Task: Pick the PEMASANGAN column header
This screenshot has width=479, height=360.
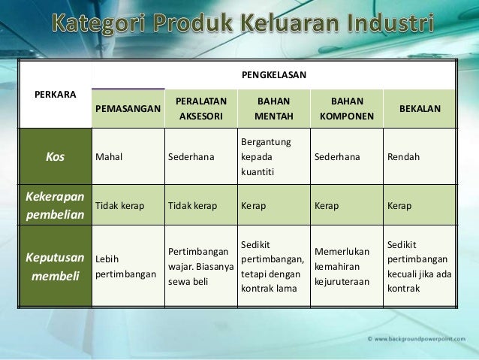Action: pos(128,109)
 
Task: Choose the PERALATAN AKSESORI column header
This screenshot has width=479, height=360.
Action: pos(200,109)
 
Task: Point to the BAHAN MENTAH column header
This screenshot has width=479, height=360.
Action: pos(273,109)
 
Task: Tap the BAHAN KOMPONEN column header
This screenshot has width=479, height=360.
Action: pos(345,109)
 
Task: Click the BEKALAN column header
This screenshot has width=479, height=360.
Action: pos(420,109)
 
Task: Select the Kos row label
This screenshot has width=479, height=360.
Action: pos(55,157)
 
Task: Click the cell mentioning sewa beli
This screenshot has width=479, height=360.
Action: pos(200,266)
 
